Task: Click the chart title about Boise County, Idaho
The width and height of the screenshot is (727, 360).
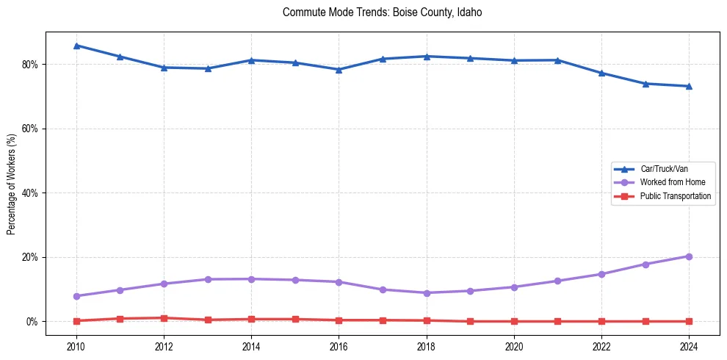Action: [382, 12]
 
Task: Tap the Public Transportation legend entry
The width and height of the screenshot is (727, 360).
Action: [675, 196]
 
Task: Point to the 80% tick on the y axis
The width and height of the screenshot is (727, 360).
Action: [31, 64]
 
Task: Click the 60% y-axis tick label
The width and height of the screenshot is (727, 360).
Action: [31, 129]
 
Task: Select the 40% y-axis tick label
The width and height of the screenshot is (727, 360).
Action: [31, 193]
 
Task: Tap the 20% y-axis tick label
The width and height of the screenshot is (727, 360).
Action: [31, 257]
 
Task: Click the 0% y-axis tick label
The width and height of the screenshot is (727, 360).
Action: [33, 322]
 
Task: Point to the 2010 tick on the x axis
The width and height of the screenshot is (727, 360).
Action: [76, 345]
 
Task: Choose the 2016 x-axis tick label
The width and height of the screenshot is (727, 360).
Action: [339, 345]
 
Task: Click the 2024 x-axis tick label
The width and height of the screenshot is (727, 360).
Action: [689, 345]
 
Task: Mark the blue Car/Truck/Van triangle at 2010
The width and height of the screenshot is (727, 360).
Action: [76, 46]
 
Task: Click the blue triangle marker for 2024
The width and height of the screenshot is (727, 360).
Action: [689, 86]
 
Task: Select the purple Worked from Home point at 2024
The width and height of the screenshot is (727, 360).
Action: [689, 256]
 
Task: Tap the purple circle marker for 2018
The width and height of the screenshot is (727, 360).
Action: [427, 293]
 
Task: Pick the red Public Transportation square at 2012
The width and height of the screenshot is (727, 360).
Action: [164, 318]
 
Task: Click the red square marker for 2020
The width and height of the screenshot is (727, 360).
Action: [514, 321]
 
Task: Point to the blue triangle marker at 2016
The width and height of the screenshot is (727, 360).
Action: [339, 70]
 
